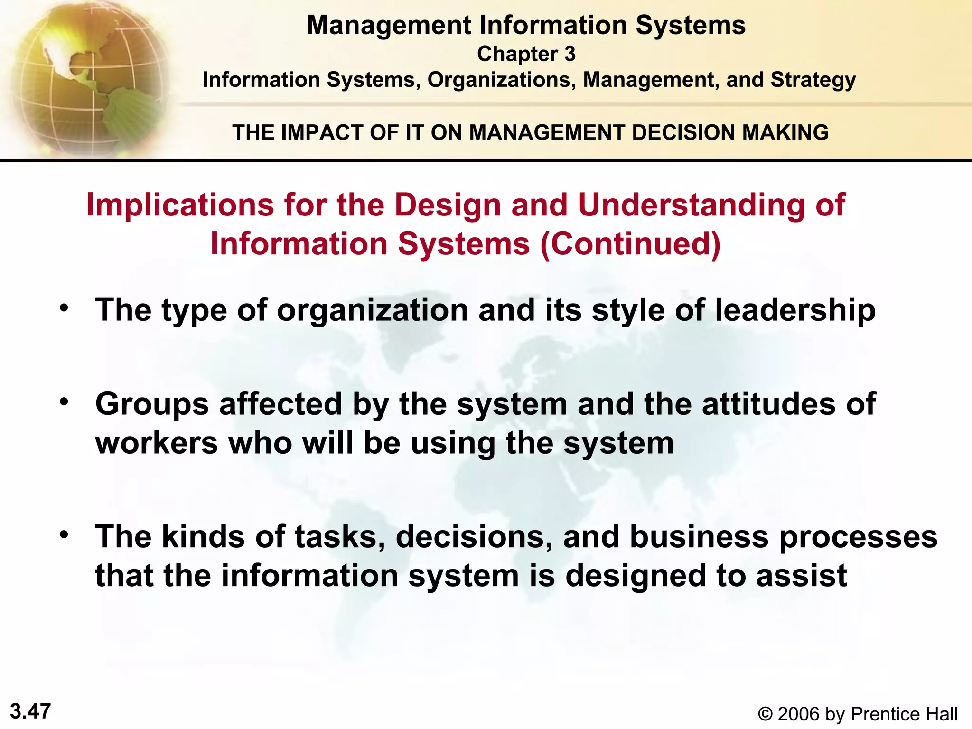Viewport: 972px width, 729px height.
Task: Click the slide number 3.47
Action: (x=30, y=711)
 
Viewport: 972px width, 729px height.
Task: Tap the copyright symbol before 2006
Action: (x=765, y=714)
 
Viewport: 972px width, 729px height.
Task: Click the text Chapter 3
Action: (x=526, y=54)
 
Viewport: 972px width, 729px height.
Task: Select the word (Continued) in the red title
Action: (x=631, y=244)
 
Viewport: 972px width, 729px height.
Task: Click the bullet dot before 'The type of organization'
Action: (x=64, y=308)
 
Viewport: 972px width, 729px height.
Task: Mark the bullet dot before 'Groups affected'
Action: (x=64, y=402)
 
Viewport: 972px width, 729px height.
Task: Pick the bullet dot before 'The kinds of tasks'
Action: (x=64, y=535)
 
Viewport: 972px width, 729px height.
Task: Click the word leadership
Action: (x=795, y=310)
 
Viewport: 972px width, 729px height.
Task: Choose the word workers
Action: (x=157, y=443)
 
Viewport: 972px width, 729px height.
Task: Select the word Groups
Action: (x=152, y=404)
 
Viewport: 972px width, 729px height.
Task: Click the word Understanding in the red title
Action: (x=692, y=206)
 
